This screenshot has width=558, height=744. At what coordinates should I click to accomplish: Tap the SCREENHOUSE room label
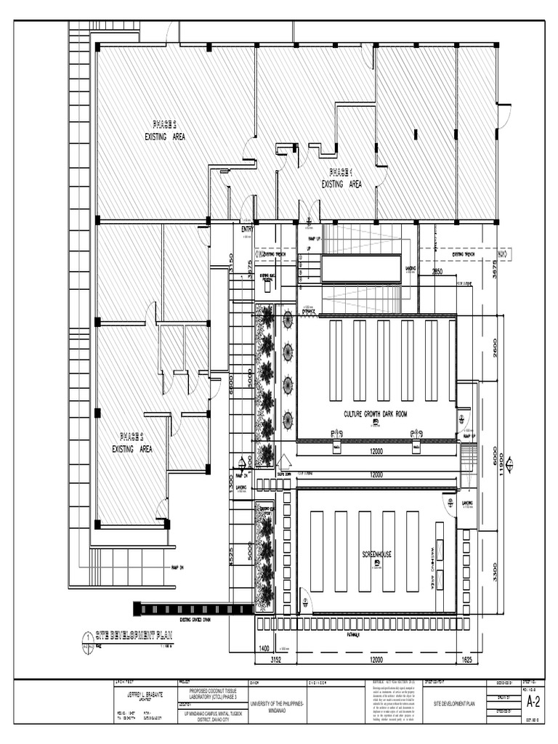377,554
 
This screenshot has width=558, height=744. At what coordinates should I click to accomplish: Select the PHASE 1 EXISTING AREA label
341,179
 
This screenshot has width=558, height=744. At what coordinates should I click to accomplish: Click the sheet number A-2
533,701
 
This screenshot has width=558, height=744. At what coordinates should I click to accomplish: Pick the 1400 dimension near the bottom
263,647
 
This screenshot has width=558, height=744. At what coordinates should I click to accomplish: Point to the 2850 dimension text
437,272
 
